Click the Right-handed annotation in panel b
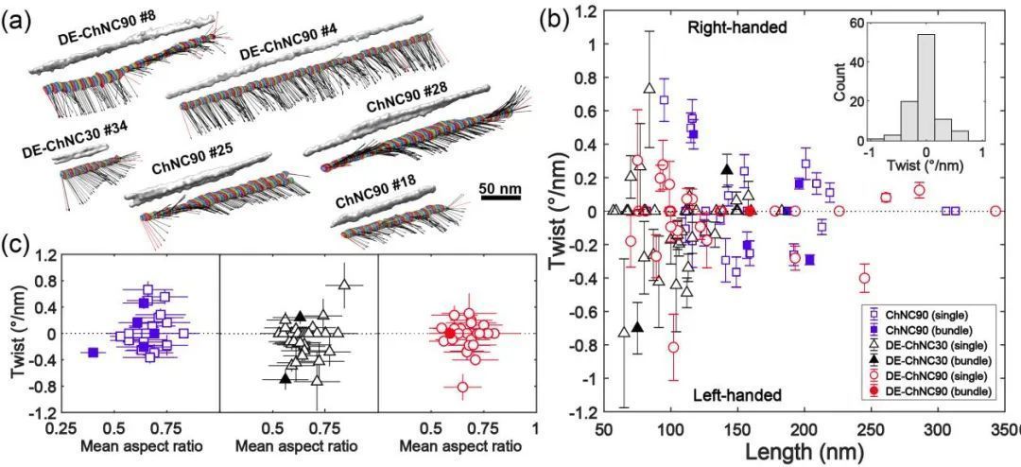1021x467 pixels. click(x=736, y=28)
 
